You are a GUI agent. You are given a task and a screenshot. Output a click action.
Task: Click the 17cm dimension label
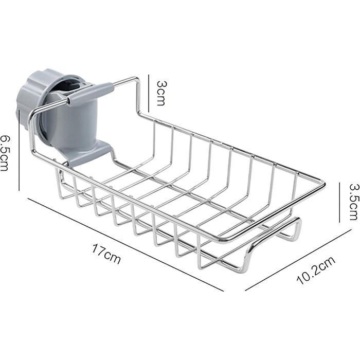coord(106,254)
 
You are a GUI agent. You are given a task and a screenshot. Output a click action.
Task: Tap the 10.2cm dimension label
coord(316,270)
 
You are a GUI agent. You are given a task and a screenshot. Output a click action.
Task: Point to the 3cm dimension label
coord(160,93)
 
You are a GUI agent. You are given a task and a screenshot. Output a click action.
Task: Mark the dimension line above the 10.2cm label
coord(298,260)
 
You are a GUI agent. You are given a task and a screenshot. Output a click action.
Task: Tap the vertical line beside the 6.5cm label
coord(20,150)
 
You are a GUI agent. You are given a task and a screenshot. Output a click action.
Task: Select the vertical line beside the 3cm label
coord(149,93)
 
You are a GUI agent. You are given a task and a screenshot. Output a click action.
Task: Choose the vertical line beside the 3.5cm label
coord(339,203)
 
